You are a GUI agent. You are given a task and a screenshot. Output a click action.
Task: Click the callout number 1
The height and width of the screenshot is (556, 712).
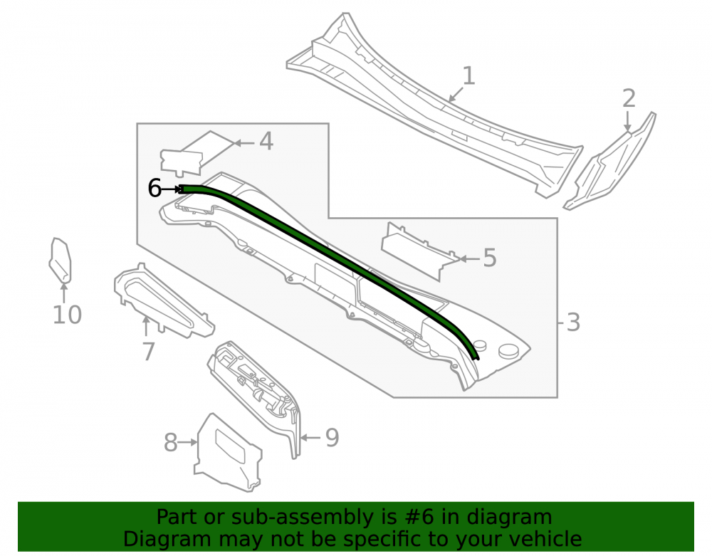pyautogui.click(x=469, y=75)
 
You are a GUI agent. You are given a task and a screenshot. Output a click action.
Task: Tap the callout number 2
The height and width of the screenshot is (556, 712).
pyautogui.click(x=629, y=98)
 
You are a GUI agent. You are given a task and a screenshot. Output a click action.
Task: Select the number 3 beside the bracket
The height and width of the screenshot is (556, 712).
pyautogui.click(x=573, y=322)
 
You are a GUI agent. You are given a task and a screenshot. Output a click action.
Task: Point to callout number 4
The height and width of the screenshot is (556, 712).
pyautogui.click(x=266, y=141)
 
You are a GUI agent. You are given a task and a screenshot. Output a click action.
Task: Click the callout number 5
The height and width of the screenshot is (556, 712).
pyautogui.click(x=490, y=258)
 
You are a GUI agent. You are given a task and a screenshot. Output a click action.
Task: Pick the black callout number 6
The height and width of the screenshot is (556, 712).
pyautogui.click(x=155, y=188)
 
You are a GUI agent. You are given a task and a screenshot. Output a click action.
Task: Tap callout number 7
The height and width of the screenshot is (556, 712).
pyautogui.click(x=149, y=351)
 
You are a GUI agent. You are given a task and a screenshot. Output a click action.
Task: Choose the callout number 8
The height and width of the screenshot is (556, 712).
pyautogui.click(x=170, y=443)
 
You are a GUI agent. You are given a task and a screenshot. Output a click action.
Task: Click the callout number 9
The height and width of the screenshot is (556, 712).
pyautogui.click(x=332, y=438)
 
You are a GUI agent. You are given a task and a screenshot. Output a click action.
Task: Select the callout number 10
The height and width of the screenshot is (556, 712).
pyautogui.click(x=67, y=315)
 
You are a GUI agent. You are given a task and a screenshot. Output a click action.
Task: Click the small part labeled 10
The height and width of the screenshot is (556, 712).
pyautogui.click(x=61, y=260)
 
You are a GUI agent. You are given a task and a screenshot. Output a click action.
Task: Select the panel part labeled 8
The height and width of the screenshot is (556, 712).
pyautogui.click(x=227, y=454)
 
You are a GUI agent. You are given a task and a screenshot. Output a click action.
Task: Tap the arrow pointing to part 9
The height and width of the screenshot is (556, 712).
pyautogui.click(x=311, y=438)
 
